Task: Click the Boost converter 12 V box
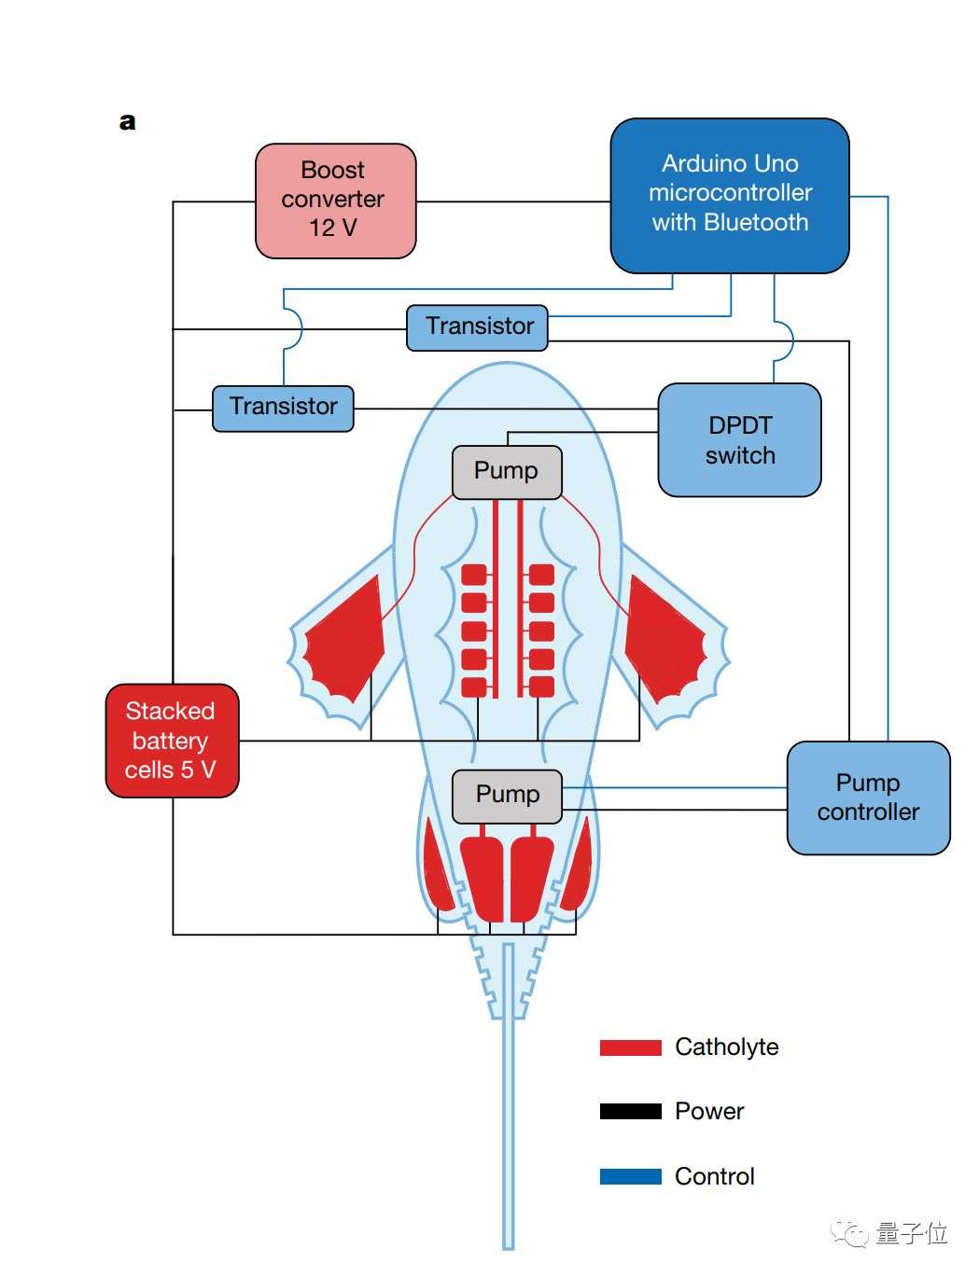335,200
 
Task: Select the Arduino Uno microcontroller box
730,194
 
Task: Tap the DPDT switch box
739,440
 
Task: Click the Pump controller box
868,797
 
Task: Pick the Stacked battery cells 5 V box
172,741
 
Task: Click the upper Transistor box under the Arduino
477,327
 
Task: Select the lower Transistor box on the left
283,408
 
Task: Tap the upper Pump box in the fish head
507,471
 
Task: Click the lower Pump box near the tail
507,796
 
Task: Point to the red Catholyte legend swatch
630,1047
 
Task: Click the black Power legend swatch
630,1112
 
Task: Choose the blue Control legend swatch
630,1177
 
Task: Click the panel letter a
128,122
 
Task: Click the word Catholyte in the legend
726,1047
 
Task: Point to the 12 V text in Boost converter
333,228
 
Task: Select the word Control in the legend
714,1177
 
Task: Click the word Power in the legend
709,1112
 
